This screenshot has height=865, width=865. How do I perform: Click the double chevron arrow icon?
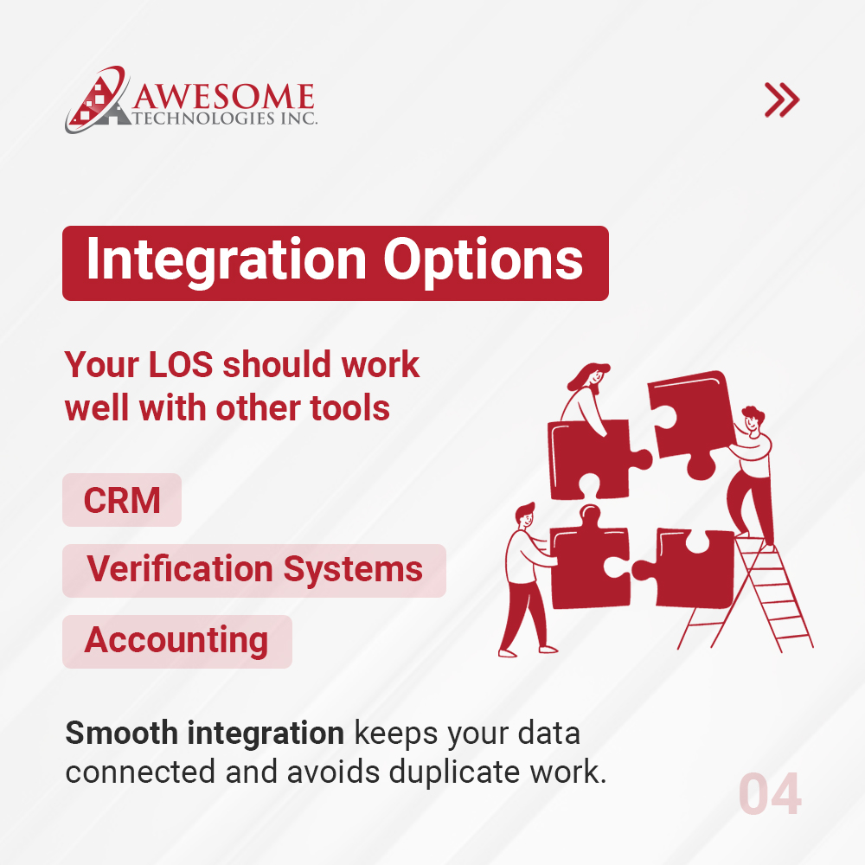click(x=782, y=100)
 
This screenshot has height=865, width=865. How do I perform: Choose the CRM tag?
click(x=122, y=500)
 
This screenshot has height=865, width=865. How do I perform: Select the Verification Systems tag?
click(x=254, y=570)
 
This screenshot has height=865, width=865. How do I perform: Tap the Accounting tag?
click(x=176, y=641)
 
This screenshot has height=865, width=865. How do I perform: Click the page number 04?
click(x=769, y=795)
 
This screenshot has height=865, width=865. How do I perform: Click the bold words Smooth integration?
click(x=204, y=734)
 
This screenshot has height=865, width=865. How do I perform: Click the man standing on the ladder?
click(x=750, y=471)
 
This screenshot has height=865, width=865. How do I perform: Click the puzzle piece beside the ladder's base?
click(x=688, y=567)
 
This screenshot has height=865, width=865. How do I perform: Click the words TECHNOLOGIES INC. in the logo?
click(x=227, y=118)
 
